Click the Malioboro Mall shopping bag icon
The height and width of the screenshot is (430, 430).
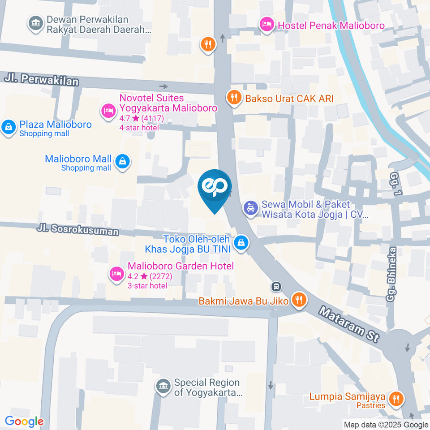tap(122, 161)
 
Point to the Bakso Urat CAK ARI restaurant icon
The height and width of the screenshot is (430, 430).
tap(233, 97)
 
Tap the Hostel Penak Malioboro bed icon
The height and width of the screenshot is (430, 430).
tap(267, 24)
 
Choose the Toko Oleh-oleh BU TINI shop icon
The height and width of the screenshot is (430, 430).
tap(241, 243)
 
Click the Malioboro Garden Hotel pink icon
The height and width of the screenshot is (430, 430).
tap(117, 273)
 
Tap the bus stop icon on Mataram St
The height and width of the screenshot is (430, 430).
tap(276, 286)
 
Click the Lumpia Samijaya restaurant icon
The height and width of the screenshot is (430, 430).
tap(396, 398)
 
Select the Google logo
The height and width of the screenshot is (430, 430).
tap(24, 421)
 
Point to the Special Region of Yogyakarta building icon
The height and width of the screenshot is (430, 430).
tap(162, 386)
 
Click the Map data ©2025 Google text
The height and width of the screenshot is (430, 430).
tap(386, 425)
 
